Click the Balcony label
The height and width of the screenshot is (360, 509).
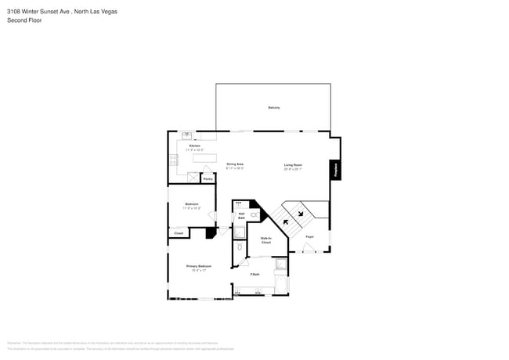coord(274,107)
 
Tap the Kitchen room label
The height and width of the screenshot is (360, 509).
coord(194,146)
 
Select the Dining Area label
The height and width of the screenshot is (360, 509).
coord(235,164)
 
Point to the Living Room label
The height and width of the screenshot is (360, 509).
coord(293,165)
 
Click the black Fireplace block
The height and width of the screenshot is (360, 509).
coord(336,169)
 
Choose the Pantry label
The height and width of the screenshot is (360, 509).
coord(208,179)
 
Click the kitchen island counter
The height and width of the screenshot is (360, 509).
coord(204,157)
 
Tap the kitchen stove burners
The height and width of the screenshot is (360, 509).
coord(173,160)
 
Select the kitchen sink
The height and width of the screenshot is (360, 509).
coord(187,136)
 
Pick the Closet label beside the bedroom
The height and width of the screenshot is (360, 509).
coord(178,233)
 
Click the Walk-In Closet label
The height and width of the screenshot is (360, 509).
coord(265,241)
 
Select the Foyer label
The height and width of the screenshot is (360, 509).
coord(309,236)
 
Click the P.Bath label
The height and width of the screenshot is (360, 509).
coord(254,274)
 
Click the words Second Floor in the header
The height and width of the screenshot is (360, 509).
coord(25,20)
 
